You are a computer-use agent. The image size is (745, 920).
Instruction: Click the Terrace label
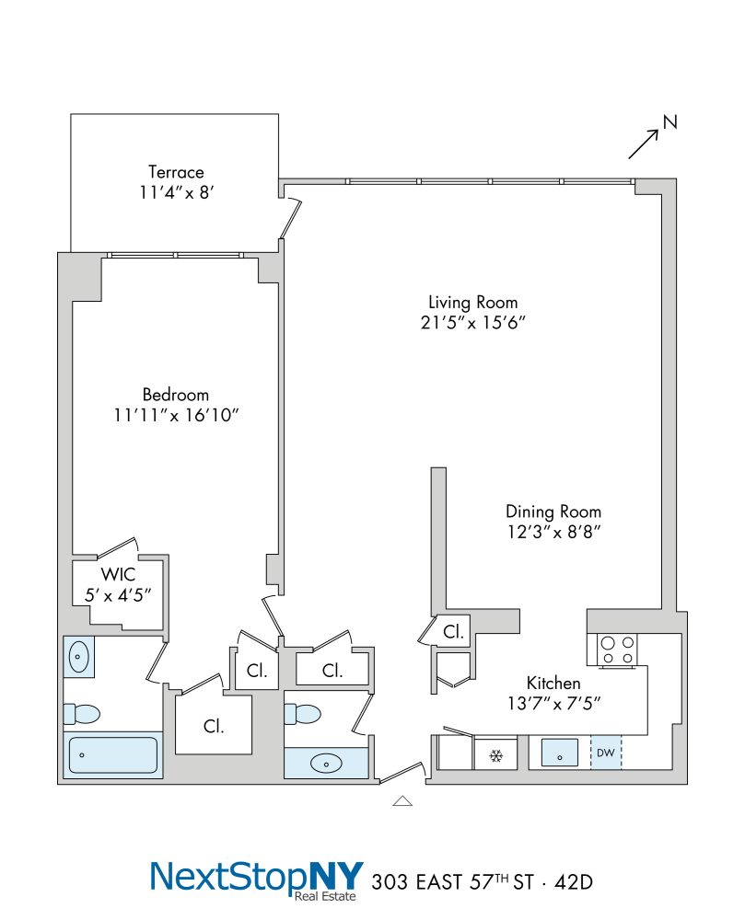pyautogui.click(x=176, y=172)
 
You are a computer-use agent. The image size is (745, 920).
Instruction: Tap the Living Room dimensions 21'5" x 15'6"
pyautogui.click(x=472, y=323)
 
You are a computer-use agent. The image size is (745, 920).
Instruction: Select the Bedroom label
pyautogui.click(x=176, y=395)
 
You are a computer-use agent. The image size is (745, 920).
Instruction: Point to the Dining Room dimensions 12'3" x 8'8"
pyautogui.click(x=553, y=532)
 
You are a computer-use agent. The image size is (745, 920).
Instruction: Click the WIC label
pyautogui.click(x=118, y=574)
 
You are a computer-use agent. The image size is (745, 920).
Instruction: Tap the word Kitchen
pyautogui.click(x=553, y=683)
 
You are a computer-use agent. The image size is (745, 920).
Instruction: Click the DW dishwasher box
pyautogui.click(x=605, y=753)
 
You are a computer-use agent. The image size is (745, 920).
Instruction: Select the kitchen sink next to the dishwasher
pyautogui.click(x=560, y=753)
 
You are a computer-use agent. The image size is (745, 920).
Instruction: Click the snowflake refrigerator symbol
pyautogui.click(x=496, y=755)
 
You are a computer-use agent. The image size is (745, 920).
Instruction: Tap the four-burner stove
pyautogui.click(x=617, y=650)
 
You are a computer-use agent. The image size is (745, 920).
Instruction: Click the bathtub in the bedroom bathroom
pyautogui.click(x=112, y=754)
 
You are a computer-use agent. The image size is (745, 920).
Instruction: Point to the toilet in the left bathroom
pyautogui.click(x=82, y=714)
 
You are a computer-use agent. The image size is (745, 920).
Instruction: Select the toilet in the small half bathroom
pyautogui.click(x=302, y=714)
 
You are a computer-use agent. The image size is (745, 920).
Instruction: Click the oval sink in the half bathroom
pyautogui.click(x=326, y=764)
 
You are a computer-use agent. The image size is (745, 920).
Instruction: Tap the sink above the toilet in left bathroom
pyautogui.click(x=78, y=657)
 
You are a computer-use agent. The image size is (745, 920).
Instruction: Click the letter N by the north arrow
pyautogui.click(x=669, y=121)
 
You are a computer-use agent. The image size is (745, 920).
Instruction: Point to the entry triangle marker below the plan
pyautogui.click(x=402, y=801)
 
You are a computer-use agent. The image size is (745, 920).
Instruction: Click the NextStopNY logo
pyautogui.click(x=257, y=880)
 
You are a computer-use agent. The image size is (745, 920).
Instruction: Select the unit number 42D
pyautogui.click(x=574, y=882)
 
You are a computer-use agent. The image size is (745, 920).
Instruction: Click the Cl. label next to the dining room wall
pyautogui.click(x=453, y=632)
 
